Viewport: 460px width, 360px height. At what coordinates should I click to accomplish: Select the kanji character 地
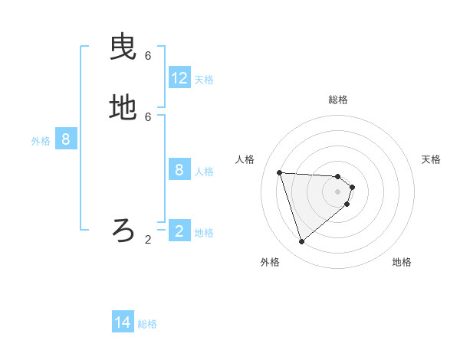pos(123,108)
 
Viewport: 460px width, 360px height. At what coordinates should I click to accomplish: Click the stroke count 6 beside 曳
pos(148,56)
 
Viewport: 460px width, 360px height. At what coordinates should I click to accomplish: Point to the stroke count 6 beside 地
pos(148,116)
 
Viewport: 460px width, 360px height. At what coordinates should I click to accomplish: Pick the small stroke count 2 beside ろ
pos(148,239)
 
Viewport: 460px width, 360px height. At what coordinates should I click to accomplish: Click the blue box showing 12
pos(179,78)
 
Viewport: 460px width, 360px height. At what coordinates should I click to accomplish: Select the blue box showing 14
pos(123,322)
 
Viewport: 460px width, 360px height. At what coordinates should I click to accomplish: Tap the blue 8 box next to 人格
pos(179,169)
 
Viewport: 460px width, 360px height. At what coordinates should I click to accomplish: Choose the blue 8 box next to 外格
pos(66,139)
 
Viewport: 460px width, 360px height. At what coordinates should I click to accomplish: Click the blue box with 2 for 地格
pos(179,231)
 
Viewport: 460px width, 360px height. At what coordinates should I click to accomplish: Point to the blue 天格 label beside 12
pos(204,79)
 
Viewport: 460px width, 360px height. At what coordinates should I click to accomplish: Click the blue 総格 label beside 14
pos(147,324)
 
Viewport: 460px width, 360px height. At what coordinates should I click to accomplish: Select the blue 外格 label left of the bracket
pos(41,141)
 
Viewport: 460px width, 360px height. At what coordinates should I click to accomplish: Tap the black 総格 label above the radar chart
pos(338,100)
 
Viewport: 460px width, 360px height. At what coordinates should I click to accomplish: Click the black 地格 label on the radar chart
pos(402,262)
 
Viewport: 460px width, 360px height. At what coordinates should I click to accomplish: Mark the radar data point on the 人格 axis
pos(280,172)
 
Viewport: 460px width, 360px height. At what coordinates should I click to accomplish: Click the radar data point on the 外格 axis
pos(301,242)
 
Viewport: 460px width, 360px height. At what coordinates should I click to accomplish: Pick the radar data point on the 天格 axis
pos(352,187)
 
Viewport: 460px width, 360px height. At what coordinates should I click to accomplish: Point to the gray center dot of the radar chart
pos(338,202)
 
